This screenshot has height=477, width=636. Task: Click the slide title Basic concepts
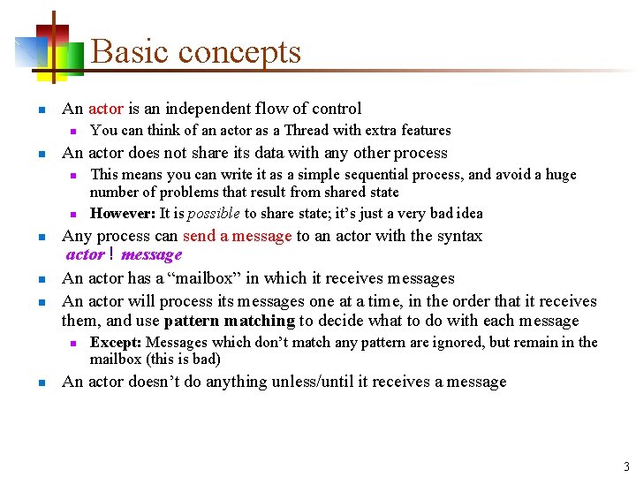(196, 52)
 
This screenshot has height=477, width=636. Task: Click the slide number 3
(626, 467)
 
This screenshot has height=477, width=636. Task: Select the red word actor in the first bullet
(106, 109)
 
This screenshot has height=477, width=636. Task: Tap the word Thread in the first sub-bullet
(307, 130)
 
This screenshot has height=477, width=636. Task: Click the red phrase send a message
(237, 236)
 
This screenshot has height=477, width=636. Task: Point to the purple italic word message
(151, 255)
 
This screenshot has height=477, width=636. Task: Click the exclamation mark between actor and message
(112, 255)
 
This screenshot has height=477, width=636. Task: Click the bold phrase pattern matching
(230, 321)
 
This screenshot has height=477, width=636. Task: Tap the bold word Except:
(117, 342)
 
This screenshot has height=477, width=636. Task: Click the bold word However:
(123, 213)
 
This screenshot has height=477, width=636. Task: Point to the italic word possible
(212, 213)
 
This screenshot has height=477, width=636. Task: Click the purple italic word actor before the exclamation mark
(86, 255)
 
